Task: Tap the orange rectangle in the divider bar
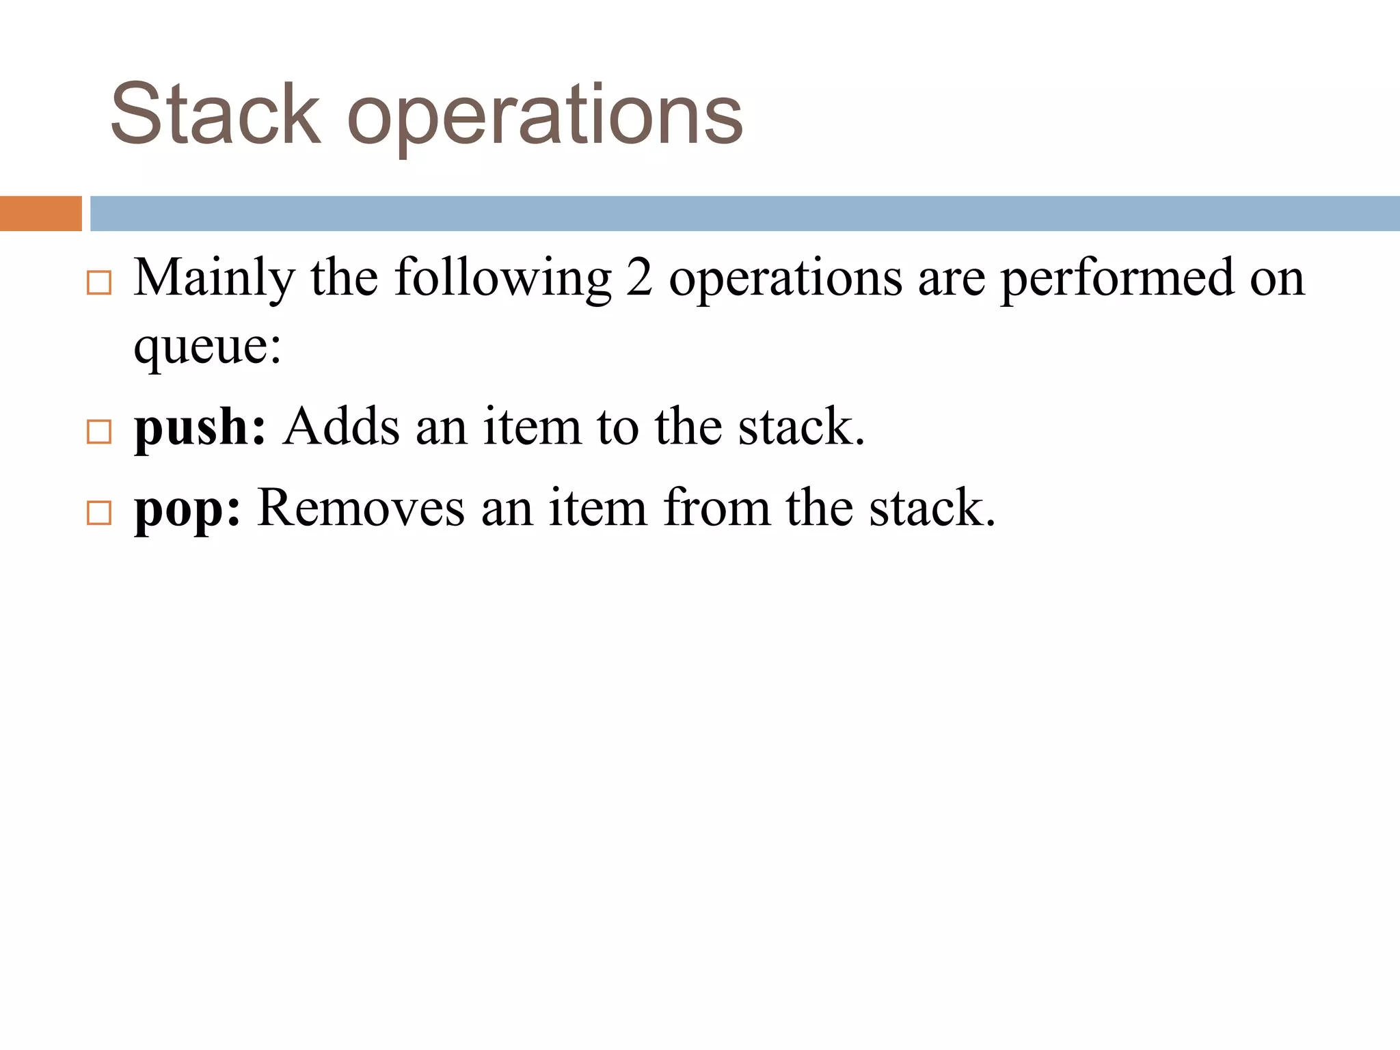click(40, 213)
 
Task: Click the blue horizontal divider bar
click(744, 213)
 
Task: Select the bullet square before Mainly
click(99, 282)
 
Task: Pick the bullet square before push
click(99, 431)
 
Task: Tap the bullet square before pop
click(99, 513)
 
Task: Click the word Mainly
click(214, 279)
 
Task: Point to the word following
click(502, 279)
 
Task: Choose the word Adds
click(341, 427)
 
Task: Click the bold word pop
click(187, 510)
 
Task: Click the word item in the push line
click(532, 427)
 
